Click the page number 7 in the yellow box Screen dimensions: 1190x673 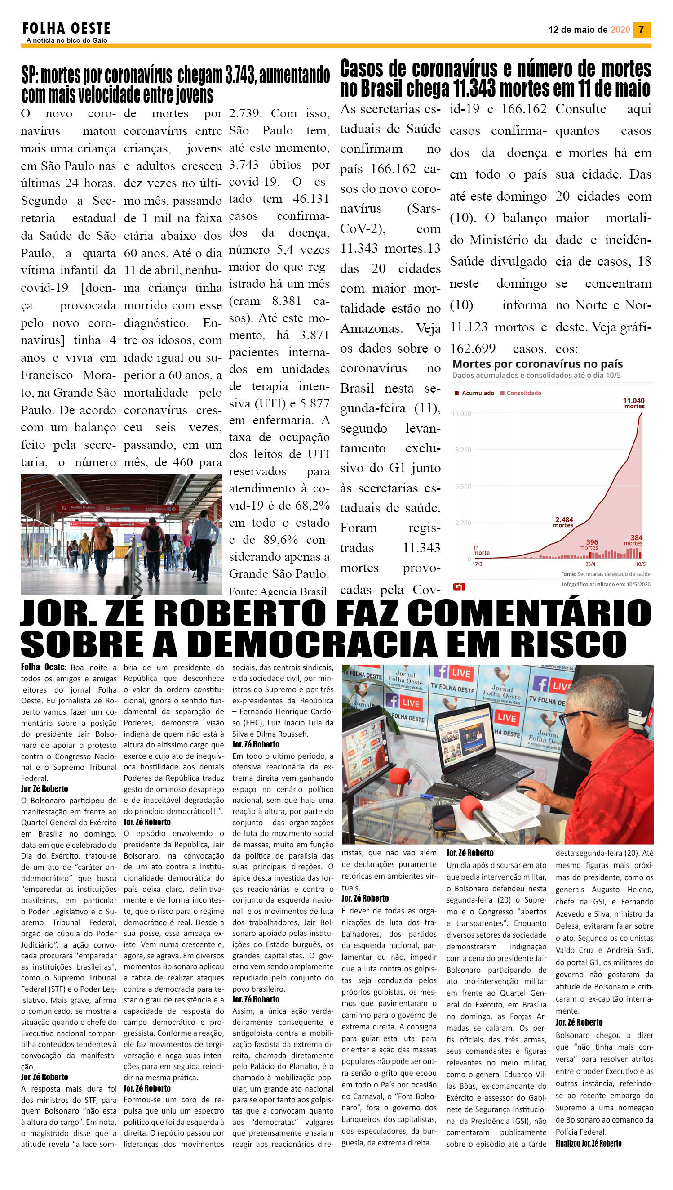click(x=641, y=30)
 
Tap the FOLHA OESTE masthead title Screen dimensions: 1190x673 click(x=66, y=29)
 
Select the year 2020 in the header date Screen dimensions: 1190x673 click(x=620, y=30)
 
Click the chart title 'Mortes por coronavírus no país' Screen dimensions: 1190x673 click(x=537, y=364)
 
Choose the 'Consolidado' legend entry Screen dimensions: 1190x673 click(x=523, y=393)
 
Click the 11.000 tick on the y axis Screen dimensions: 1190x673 click(x=461, y=413)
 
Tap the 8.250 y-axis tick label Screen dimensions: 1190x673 click(x=463, y=450)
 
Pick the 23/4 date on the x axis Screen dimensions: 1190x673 click(x=590, y=564)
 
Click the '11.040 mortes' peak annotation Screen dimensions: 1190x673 click(x=634, y=403)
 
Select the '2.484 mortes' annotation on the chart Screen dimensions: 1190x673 click(x=564, y=522)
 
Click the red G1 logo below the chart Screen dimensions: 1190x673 click(x=459, y=586)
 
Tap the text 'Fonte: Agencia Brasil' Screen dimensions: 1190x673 click(x=277, y=591)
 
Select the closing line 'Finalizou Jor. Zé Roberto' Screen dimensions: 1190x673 click(x=588, y=1143)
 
